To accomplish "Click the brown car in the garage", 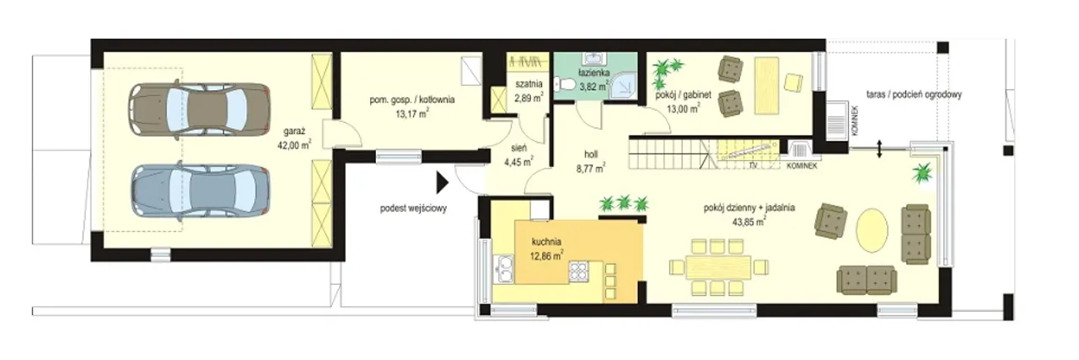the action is (198, 110).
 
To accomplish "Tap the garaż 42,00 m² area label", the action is (294, 137).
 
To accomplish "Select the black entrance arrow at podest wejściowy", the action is (443, 183).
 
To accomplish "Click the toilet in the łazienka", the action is (565, 85).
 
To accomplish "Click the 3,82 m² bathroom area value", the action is (594, 87).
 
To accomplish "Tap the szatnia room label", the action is (529, 83).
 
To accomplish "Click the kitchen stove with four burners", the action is (578, 271).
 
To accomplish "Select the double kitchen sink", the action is (504, 269).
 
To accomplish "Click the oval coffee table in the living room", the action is (872, 230).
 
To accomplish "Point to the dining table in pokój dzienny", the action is (718, 267).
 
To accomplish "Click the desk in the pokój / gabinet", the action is (767, 86).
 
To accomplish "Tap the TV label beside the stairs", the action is (753, 165).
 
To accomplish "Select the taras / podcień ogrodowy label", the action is (914, 94).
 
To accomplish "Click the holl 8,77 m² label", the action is (591, 161).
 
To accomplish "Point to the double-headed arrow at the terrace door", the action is (879, 149).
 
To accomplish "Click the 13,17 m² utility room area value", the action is (412, 114).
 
